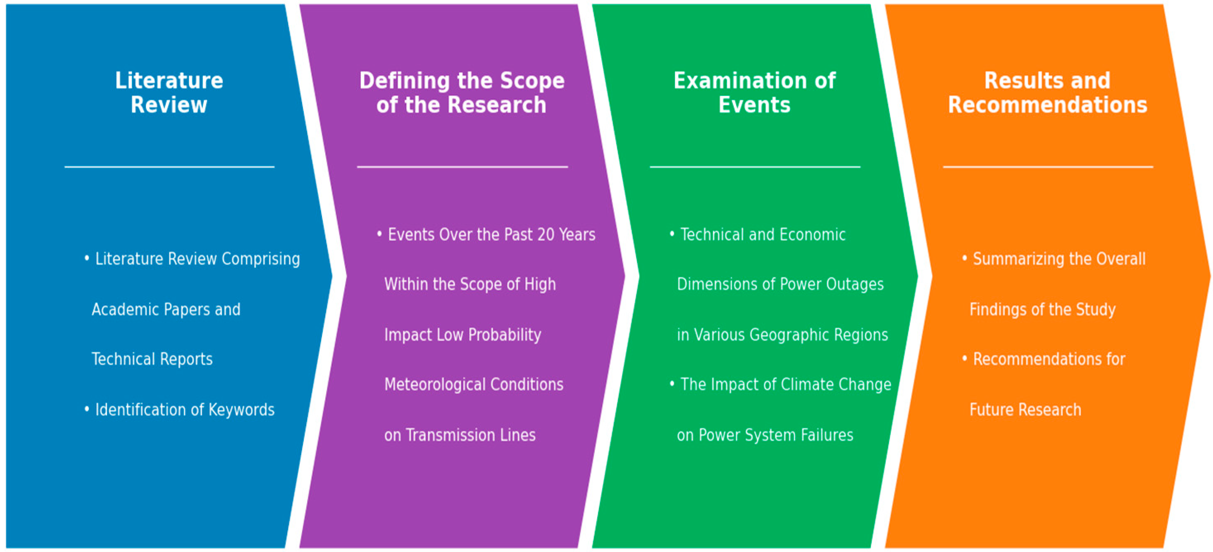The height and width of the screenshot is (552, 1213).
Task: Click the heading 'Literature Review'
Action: coord(169,92)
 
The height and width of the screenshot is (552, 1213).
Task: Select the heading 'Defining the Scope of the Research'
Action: coord(462,92)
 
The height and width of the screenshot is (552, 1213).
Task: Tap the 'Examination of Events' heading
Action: coord(754,92)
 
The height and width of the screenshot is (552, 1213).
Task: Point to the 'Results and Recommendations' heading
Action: coord(1047,92)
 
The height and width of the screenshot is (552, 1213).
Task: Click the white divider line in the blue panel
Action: coord(169,167)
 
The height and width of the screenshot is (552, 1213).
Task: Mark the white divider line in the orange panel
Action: coord(1048,167)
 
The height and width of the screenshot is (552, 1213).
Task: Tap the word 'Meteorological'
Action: coord(435,384)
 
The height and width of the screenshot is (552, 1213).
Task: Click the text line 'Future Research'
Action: coord(1025,410)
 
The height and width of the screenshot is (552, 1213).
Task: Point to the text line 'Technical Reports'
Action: coord(152,359)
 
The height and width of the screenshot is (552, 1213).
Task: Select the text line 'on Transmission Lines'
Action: coord(460,435)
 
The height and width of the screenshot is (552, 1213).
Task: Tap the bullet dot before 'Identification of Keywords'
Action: coord(87,409)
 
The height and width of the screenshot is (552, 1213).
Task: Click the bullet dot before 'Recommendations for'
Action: coord(964,358)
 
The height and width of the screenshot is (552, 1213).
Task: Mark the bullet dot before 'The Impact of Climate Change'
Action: coord(672,384)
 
